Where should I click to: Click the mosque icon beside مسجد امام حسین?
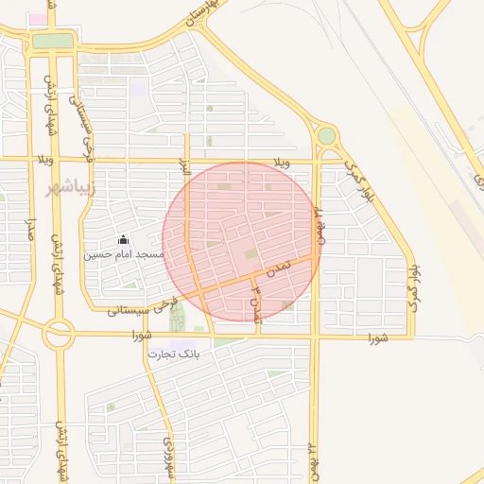(122, 240)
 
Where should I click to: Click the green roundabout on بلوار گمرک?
(326, 136)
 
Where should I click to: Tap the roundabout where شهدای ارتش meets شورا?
(59, 333)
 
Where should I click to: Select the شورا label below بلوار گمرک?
(377, 337)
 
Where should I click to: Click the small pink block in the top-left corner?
(36, 18)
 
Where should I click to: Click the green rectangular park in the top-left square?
(53, 41)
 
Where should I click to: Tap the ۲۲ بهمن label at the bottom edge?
(312, 464)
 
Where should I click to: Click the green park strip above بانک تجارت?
(177, 317)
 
